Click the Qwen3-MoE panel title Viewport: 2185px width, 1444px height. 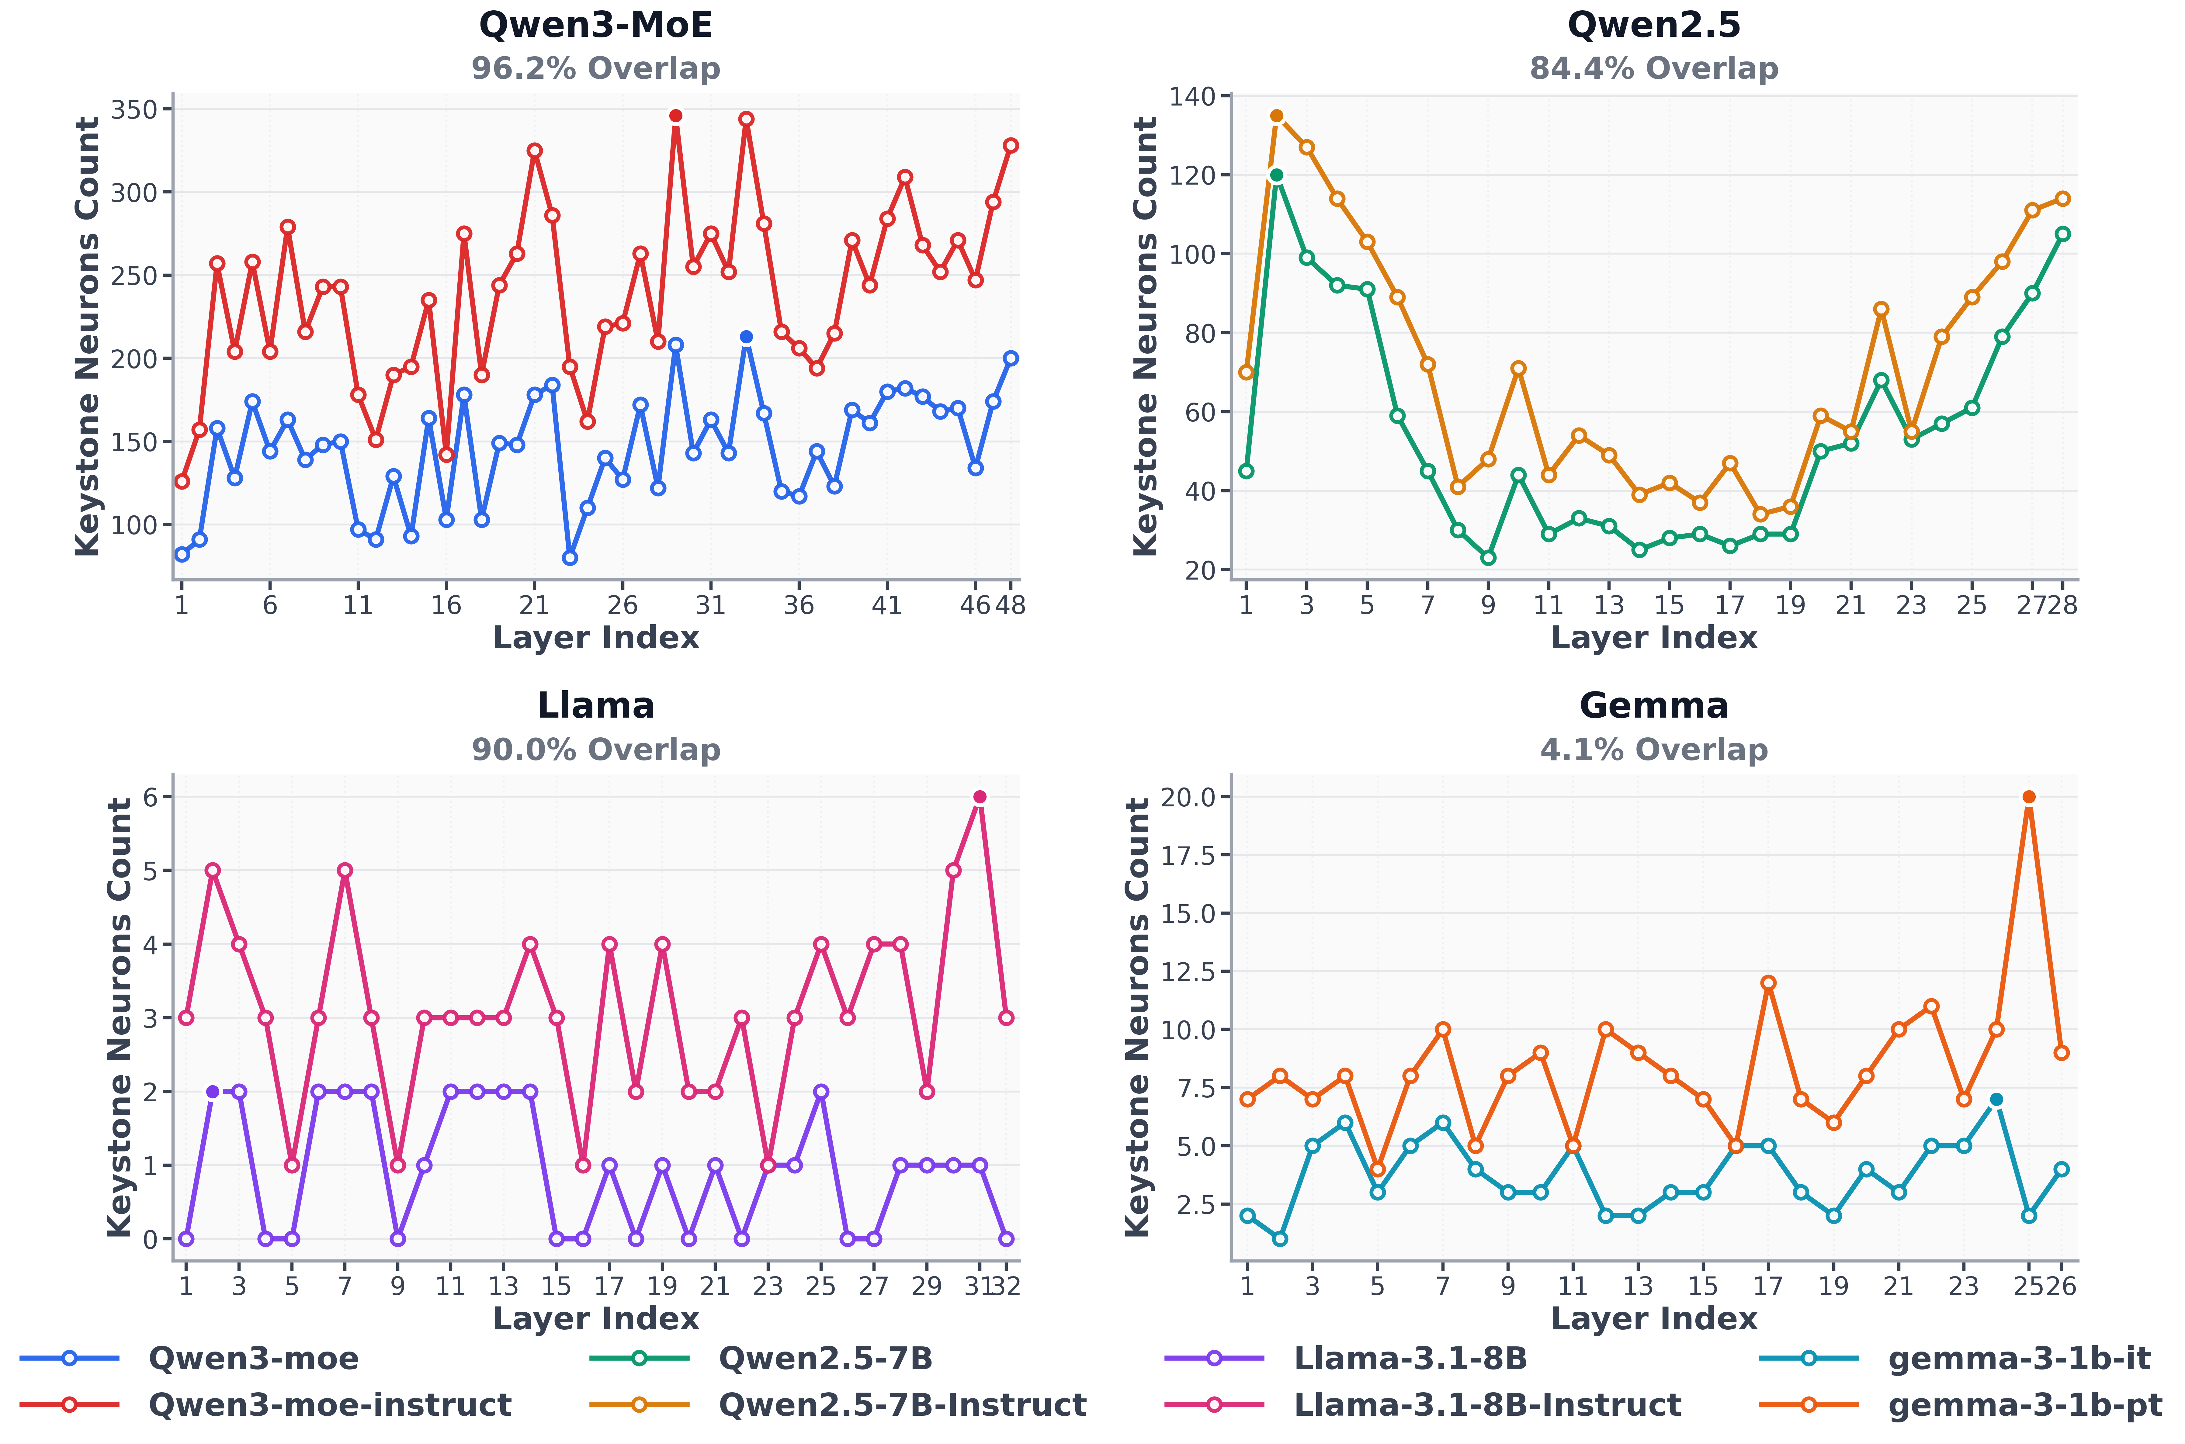click(x=596, y=25)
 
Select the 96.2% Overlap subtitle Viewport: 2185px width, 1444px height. click(x=596, y=68)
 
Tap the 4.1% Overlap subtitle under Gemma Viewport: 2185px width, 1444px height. click(x=1654, y=750)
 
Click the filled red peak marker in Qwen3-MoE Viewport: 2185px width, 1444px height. click(x=676, y=116)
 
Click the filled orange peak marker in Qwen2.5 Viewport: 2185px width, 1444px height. click(x=1276, y=116)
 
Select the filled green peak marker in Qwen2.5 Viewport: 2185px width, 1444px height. click(x=1276, y=175)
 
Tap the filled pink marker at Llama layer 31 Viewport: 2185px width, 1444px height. click(x=980, y=797)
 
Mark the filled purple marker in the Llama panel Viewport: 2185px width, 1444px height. click(x=213, y=1091)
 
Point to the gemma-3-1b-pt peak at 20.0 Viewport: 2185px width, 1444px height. click(x=2028, y=797)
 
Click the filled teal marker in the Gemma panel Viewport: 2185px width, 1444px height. click(x=1996, y=1099)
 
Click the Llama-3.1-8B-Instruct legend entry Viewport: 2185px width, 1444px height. click(x=1423, y=1404)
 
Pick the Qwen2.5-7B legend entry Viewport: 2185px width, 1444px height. click(x=761, y=1358)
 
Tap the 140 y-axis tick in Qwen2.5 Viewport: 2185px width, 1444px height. click(x=1192, y=96)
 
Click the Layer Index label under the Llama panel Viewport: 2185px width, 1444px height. click(x=596, y=1319)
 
